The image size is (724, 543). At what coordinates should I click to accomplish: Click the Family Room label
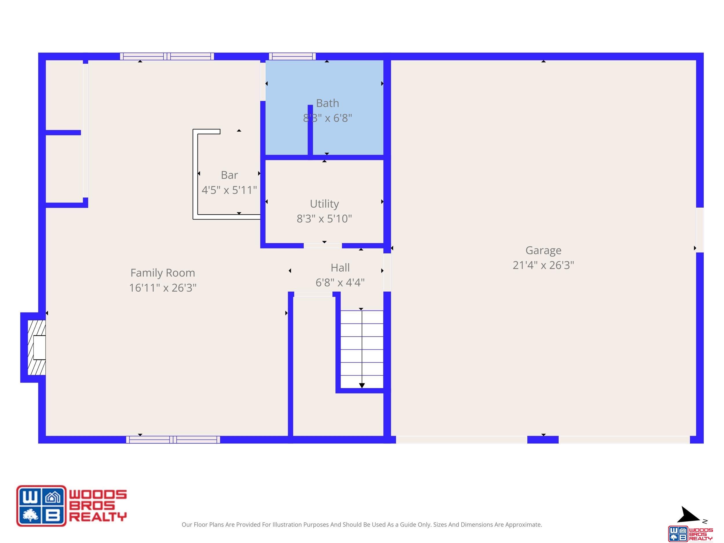[163, 273]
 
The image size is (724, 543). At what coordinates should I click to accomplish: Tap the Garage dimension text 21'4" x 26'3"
[543, 265]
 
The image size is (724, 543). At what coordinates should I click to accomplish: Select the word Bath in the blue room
[327, 103]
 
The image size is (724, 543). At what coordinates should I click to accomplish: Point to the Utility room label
[324, 204]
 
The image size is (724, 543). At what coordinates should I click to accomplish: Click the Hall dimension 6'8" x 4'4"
[340, 282]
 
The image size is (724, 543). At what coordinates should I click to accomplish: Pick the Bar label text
[229, 175]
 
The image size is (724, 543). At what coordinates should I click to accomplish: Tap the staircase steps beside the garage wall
[362, 349]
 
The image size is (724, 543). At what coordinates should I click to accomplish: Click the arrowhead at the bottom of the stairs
[362, 385]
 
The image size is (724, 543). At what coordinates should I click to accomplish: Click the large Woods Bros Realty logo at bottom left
[71, 506]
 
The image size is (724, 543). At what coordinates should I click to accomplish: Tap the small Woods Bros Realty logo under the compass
[690, 533]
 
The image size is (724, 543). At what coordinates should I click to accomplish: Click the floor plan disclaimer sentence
[362, 525]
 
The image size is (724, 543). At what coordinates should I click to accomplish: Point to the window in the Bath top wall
[292, 56]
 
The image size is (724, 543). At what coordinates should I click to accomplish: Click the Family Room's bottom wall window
[173, 440]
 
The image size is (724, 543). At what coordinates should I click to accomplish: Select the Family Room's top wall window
[167, 56]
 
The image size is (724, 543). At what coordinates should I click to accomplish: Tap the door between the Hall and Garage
[387, 272]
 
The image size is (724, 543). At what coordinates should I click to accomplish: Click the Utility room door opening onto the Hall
[323, 246]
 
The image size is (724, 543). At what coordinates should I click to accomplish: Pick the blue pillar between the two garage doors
[543, 440]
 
